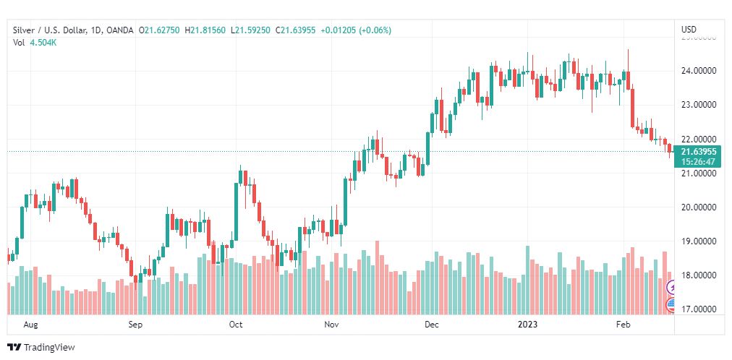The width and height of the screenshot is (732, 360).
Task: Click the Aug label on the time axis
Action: coord(30,325)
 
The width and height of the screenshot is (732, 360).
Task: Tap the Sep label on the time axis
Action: coord(136,325)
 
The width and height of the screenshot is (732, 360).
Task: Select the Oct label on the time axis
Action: coord(235,325)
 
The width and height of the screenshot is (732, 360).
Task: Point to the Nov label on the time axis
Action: coord(332,325)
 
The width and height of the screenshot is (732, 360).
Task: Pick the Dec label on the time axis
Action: coord(432,325)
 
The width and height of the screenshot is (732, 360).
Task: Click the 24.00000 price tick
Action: coord(698,71)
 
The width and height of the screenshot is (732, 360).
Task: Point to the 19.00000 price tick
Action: coord(698,241)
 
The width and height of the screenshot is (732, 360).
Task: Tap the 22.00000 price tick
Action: coord(698,139)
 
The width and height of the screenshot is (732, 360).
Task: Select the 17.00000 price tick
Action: coord(698,309)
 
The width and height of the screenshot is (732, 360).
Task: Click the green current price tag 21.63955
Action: coord(698,152)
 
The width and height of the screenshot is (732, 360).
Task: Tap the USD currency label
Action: coord(689,30)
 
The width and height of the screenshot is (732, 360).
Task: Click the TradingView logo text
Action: coord(49,348)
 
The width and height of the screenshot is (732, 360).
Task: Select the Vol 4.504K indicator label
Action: coord(35,42)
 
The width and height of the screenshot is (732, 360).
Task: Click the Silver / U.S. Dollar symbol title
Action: coord(50,30)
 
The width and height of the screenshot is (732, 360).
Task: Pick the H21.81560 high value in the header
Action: coord(208,30)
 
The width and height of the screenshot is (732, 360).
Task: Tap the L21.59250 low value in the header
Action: coord(251,30)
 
